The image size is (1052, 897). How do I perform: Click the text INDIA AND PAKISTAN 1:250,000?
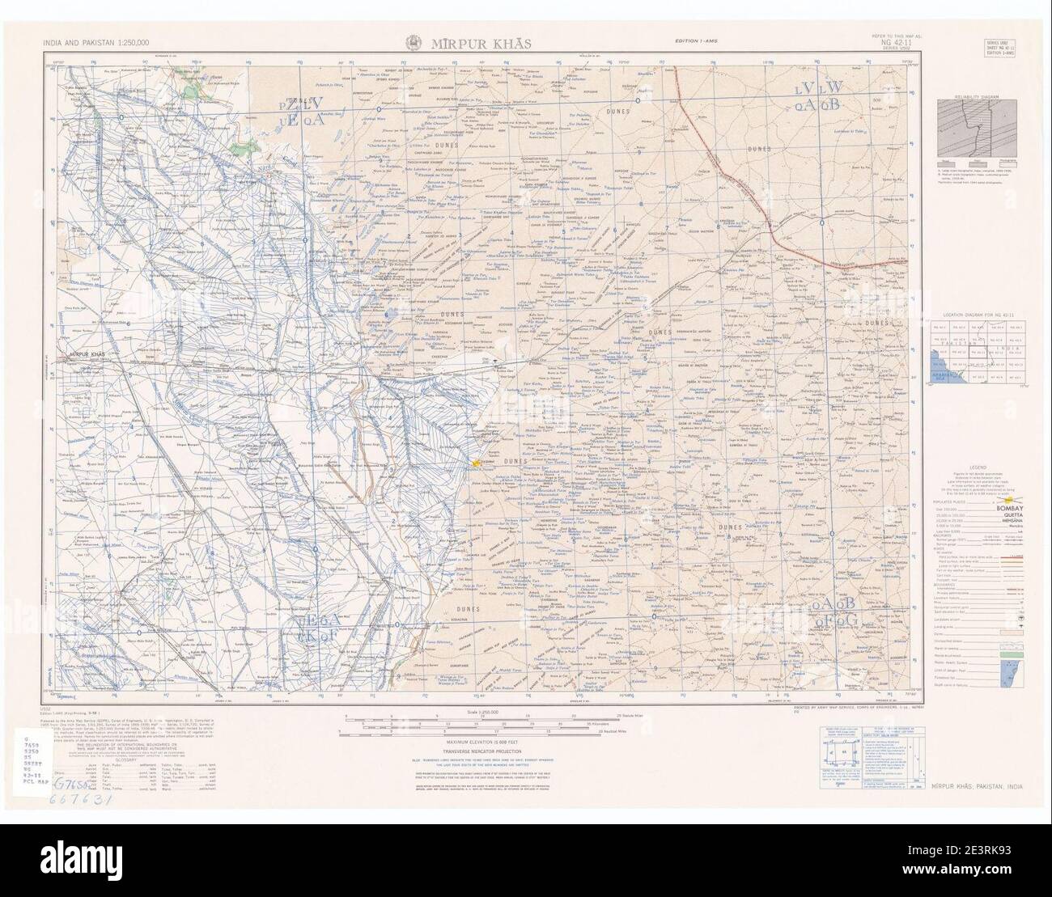91,42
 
